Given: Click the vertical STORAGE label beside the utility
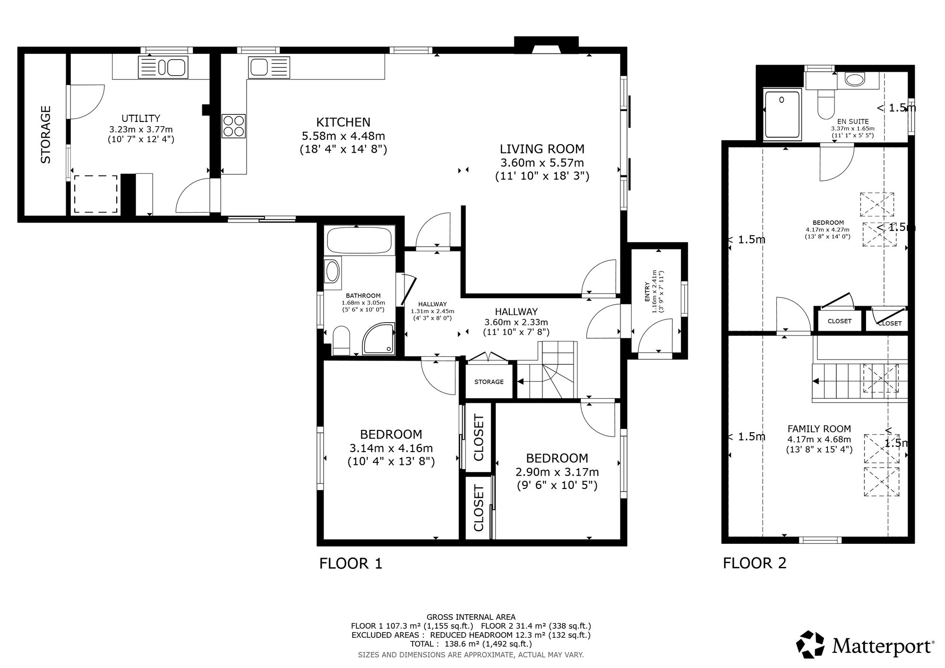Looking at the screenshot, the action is pos(46,135).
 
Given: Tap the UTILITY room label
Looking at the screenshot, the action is pos(141,119).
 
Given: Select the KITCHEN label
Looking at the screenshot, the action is pos(343,122).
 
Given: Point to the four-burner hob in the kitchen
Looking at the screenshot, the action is pos(233,126).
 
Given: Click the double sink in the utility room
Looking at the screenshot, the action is pos(163,67).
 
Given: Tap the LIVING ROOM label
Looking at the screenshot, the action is pos(542,149).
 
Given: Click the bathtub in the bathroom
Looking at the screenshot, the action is pos(359,240).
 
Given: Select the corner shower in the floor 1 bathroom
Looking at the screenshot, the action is pos(378,339).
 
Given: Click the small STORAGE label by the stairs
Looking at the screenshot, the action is pos(489,382).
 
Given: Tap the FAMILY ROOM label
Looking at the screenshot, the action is pos(819,429).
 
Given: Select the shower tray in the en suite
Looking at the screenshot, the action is pos(782,116).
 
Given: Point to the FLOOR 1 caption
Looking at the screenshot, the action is pos(351,563).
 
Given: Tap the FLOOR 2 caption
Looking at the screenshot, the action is pos(755,563).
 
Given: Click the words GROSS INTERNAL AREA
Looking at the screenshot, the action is pos(471,617).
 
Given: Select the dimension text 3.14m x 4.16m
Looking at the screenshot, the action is pos(391,448).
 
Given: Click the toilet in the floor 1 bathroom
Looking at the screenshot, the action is pos(341,340).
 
